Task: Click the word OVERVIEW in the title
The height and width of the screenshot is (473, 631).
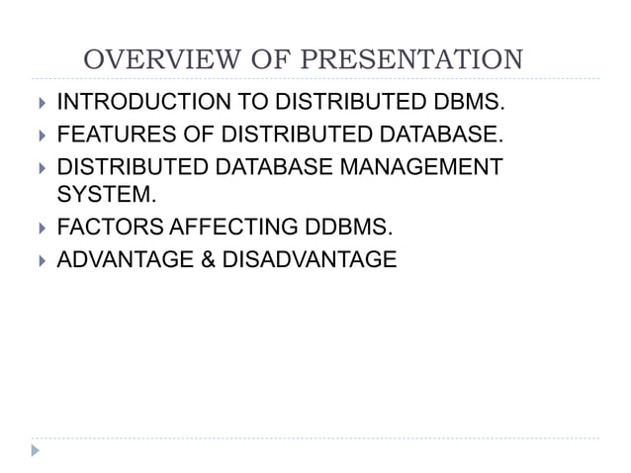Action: click(x=147, y=60)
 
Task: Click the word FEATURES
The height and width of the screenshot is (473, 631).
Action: click(x=104, y=132)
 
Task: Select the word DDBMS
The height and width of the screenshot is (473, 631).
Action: click(x=341, y=228)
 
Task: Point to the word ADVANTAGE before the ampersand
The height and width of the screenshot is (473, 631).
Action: click(x=125, y=259)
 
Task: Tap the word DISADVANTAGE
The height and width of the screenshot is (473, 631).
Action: click(x=310, y=259)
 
